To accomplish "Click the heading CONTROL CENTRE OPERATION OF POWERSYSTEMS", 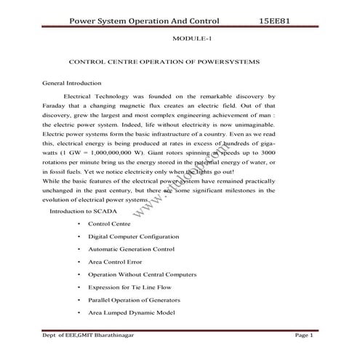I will (x=164, y=63).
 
